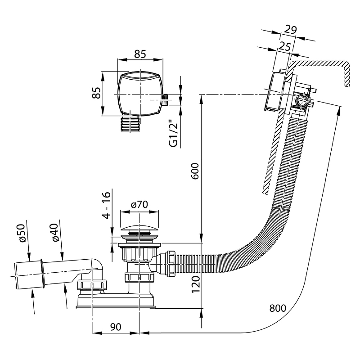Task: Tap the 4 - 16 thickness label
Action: [x=106, y=206]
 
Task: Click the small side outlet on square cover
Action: [x=165, y=99]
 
